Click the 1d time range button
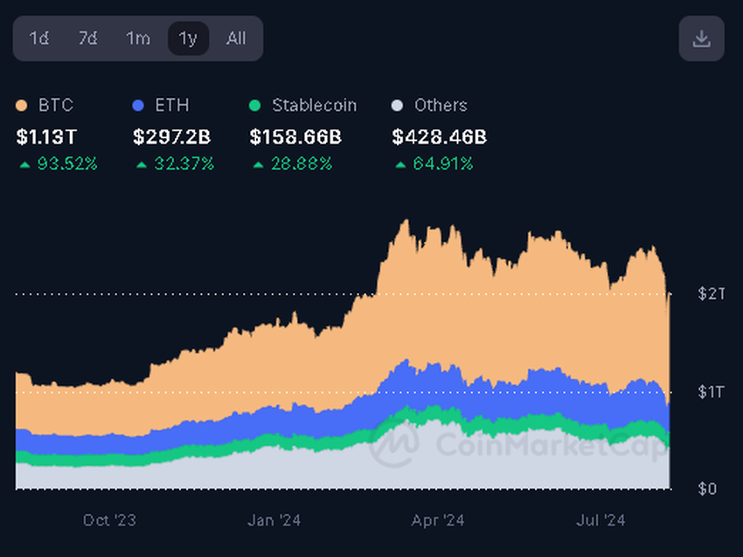click(x=38, y=38)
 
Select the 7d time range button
click(x=87, y=38)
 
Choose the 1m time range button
click(x=137, y=38)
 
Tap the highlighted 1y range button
click(x=188, y=38)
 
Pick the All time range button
click(x=236, y=38)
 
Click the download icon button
click(x=701, y=38)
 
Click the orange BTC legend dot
click(x=22, y=106)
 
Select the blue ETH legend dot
click(x=138, y=106)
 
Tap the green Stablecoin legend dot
click(x=255, y=106)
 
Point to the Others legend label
click(x=441, y=105)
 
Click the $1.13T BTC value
click(x=47, y=136)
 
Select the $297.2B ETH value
click(x=171, y=136)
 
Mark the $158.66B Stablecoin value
click(x=295, y=136)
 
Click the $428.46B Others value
click(x=439, y=136)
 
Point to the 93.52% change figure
click(x=66, y=164)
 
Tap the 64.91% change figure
click(x=442, y=164)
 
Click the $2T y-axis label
click(x=712, y=294)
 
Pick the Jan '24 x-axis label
click(x=274, y=520)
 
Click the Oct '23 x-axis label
click(x=109, y=520)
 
